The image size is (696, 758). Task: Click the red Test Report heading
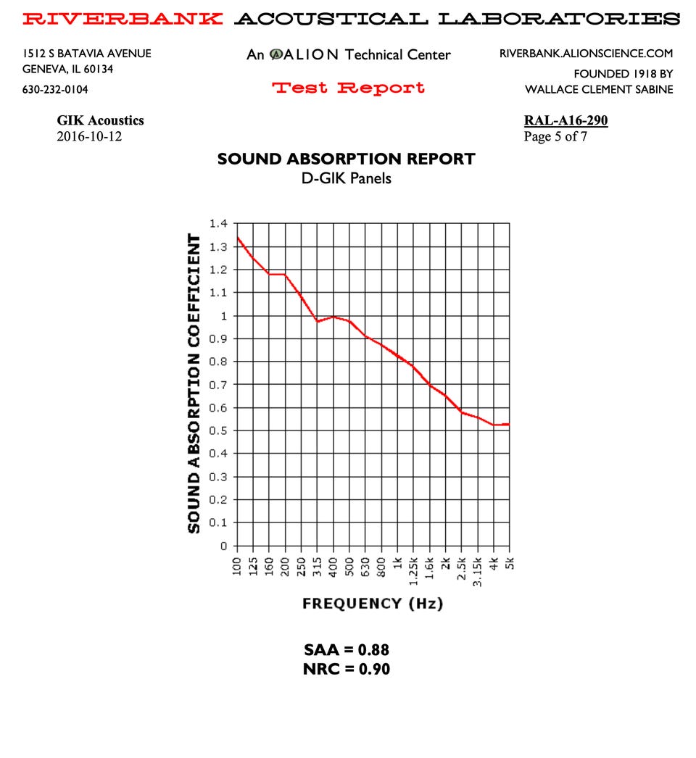348,88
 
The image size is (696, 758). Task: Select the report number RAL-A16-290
565,120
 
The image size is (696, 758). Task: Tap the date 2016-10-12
89,136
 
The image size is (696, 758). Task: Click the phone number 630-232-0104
56,90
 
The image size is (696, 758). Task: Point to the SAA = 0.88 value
347,650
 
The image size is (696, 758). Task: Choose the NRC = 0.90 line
347,669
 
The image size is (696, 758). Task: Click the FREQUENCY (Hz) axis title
373,604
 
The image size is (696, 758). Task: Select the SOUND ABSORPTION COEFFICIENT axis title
194,383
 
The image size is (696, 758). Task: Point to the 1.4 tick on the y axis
217,224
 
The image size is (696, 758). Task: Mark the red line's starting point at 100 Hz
238,238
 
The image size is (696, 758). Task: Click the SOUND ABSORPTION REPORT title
347,159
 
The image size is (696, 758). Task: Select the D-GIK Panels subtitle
347,178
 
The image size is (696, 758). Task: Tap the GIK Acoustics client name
100,120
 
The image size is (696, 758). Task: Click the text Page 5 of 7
555,136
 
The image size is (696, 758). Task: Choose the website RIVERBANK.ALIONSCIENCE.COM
586,54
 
